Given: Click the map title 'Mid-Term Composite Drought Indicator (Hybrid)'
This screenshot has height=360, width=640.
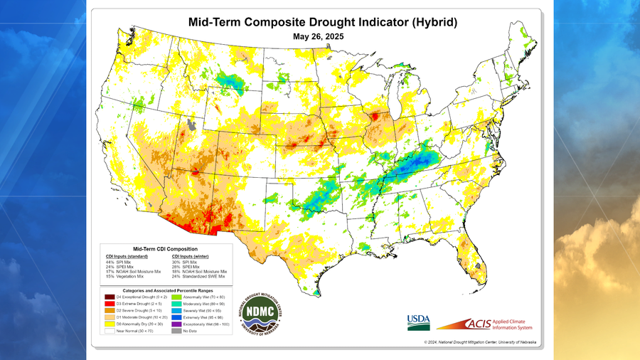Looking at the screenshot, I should (x=322, y=22).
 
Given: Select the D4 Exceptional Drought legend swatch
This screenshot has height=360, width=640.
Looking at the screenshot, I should (x=109, y=296).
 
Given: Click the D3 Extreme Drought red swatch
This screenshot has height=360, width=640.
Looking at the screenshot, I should (x=109, y=304).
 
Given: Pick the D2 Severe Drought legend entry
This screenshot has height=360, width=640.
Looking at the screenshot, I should (x=109, y=312).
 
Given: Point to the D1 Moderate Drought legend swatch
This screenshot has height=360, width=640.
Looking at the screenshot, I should (x=109, y=319).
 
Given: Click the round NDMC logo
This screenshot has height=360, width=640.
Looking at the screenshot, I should (x=262, y=313).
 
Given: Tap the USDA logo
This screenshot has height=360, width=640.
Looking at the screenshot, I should (x=418, y=322).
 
